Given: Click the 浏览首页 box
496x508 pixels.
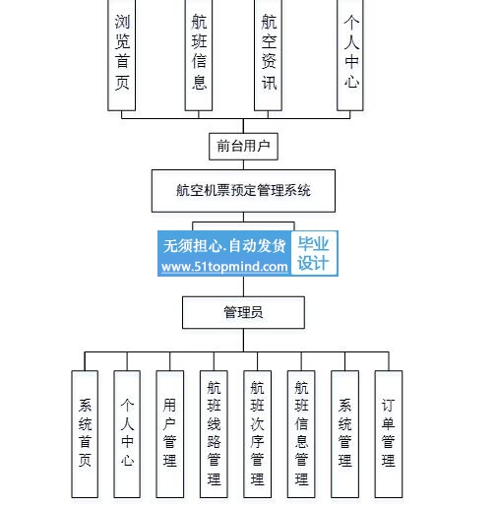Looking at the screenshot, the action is pos(122,55).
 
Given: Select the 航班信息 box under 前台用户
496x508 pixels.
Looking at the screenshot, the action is pos(199,55).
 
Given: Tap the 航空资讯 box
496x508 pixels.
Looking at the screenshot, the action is pos(268,55).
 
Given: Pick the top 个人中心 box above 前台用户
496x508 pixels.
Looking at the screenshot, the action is pos(350,55).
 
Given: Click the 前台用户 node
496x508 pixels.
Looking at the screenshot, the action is pos(243,147).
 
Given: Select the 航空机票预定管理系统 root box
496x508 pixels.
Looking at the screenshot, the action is pos(243,191).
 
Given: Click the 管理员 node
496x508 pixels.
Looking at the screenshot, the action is pos(243,312).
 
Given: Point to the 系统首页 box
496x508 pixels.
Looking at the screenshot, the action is pos(85,434).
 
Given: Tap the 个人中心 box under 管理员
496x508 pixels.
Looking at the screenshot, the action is pos(127,434).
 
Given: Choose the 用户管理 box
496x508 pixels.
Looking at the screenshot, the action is pos(170,434).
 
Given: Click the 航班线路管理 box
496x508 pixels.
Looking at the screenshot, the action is pos(214,434).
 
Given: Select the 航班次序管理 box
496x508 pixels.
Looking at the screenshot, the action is pos(257,434).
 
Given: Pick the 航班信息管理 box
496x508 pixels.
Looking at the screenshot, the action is pos(301,434).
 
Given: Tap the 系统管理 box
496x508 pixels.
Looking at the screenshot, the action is pos(344,434).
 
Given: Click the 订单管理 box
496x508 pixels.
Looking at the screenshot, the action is pos(389,434).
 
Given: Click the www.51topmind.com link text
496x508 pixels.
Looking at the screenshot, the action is pos(224,267).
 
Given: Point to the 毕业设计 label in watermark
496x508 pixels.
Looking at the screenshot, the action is pos(313,253).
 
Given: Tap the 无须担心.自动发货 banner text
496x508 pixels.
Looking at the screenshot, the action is pos(224,246).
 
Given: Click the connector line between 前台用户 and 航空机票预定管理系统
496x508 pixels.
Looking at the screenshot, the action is pos(243,164).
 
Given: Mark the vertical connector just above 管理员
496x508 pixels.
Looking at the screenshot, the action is pos(243,286).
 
